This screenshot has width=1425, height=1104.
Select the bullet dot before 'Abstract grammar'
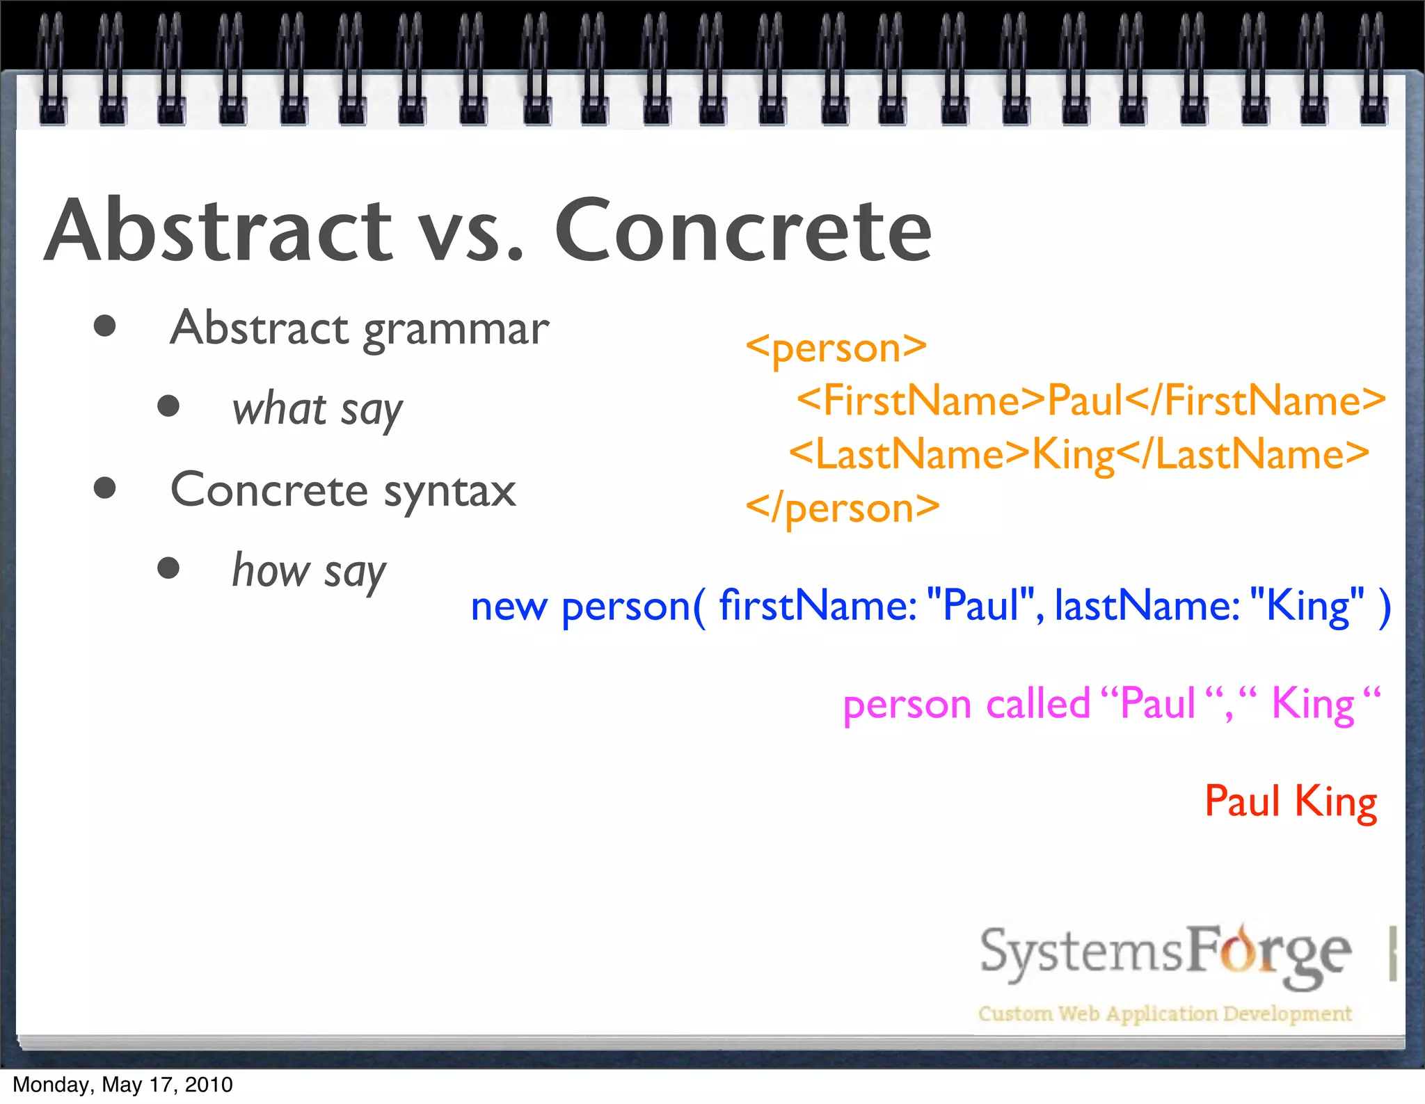tap(104, 326)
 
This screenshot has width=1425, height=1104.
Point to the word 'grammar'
tap(456, 330)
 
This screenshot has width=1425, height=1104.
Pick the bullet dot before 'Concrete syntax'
tap(104, 488)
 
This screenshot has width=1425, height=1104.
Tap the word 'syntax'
tap(450, 493)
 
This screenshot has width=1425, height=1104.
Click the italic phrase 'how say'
tap(309, 572)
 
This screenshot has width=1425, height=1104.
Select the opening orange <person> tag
tap(836, 347)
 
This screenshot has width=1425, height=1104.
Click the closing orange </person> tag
tap(842, 508)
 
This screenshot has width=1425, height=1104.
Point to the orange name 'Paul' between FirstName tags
tap(1085, 401)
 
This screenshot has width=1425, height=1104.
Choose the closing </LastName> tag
tap(1243, 454)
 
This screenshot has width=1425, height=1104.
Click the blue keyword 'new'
tap(509, 607)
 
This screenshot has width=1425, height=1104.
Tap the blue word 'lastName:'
tap(1147, 605)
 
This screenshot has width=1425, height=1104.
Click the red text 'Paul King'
tap(1291, 801)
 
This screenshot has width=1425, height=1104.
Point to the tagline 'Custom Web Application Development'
tap(1165, 1014)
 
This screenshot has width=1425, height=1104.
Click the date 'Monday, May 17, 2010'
tap(122, 1085)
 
